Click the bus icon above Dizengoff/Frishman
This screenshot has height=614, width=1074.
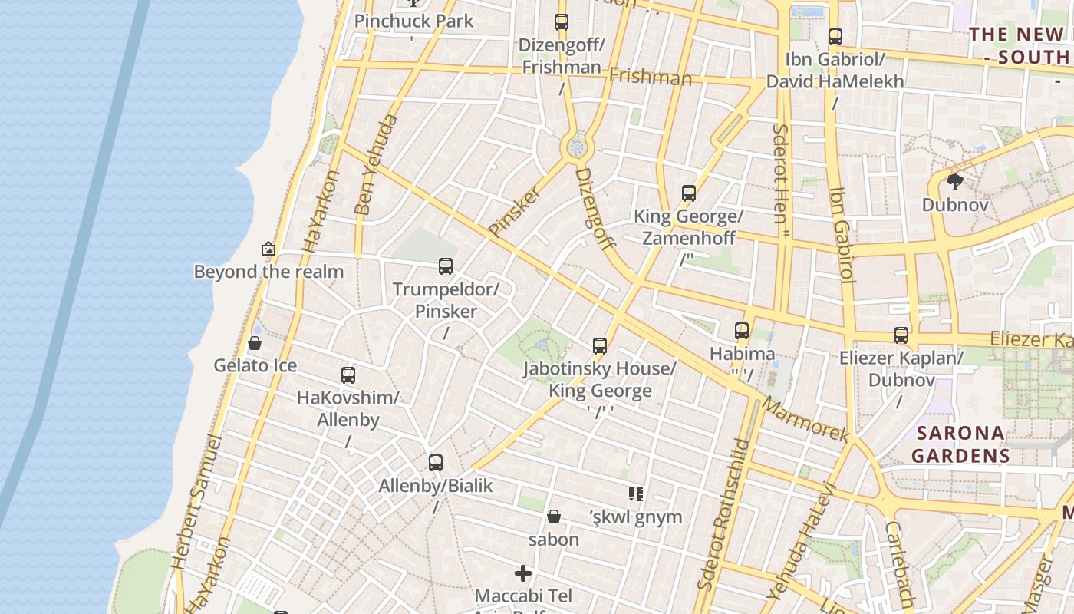(562, 22)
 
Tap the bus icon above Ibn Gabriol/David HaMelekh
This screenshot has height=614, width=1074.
(835, 36)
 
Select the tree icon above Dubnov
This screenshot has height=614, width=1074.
(955, 182)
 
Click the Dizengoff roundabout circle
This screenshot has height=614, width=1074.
(577, 145)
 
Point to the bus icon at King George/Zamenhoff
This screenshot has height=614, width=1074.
(689, 193)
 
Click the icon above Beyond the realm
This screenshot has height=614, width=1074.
(268, 249)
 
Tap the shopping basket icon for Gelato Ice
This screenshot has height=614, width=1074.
(255, 342)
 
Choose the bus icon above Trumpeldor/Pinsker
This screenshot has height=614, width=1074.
(446, 266)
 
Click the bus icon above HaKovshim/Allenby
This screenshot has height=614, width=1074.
(348, 375)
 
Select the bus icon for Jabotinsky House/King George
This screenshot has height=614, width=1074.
(600, 346)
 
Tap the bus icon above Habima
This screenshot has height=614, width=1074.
(742, 331)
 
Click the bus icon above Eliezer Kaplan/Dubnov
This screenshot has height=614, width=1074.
(901, 335)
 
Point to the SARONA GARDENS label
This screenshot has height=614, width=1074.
(960, 444)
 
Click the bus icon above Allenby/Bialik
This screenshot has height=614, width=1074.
(436, 463)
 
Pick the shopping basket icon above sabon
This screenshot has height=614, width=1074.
(554, 517)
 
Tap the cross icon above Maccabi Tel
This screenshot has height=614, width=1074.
(523, 573)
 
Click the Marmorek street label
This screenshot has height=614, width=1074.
(805, 420)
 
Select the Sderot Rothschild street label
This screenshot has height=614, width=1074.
(723, 514)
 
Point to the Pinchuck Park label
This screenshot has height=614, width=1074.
(414, 21)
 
